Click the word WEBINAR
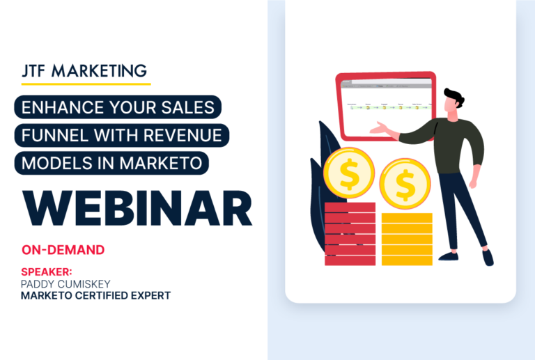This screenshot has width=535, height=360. click(x=137, y=208)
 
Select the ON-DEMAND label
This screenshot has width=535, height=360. click(x=63, y=249)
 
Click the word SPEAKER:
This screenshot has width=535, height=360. click(x=47, y=272)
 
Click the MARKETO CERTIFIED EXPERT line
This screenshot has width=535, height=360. click(x=96, y=296)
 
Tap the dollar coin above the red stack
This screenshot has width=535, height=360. click(x=350, y=174)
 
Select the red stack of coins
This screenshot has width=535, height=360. click(x=350, y=233)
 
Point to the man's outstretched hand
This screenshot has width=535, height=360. click(x=380, y=129)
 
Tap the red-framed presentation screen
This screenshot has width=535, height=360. click(x=385, y=104)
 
